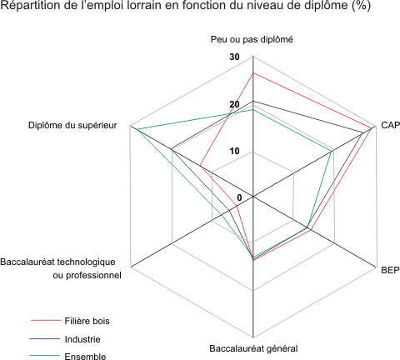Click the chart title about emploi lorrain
click(x=186, y=5)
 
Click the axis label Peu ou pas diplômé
click(x=252, y=39)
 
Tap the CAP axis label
click(x=390, y=125)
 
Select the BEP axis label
click(x=390, y=270)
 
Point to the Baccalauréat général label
click(x=253, y=348)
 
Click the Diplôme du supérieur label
click(x=72, y=125)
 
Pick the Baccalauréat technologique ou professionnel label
click(x=61, y=268)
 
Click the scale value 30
click(x=234, y=57)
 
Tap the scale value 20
click(x=234, y=104)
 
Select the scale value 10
click(x=234, y=151)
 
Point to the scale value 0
click(x=239, y=197)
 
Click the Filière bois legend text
click(x=87, y=321)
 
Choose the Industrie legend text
click(x=82, y=339)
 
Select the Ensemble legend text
click(x=85, y=356)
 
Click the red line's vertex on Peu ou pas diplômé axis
click(x=252, y=73)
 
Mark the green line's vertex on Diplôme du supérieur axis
click(x=137, y=129)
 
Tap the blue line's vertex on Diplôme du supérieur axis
click(x=172, y=149)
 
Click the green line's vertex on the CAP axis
click(x=332, y=152)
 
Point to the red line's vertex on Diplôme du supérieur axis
click(x=200, y=166)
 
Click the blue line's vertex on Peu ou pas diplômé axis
click(x=252, y=101)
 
